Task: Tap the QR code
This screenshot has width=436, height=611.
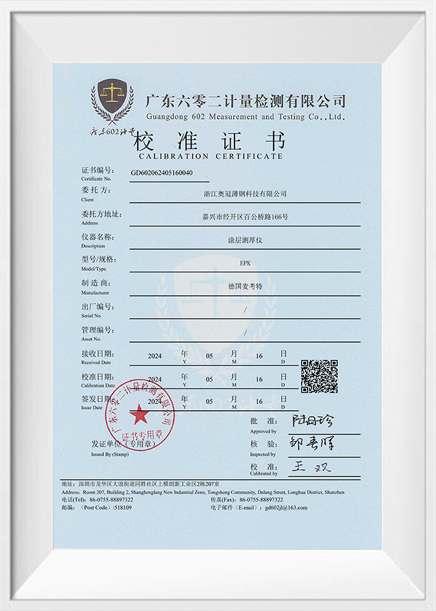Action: point(319,376)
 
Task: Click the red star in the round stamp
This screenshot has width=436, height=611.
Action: point(139,416)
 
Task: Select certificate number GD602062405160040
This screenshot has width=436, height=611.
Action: point(162,173)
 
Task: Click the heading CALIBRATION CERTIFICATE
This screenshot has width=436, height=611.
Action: point(210,156)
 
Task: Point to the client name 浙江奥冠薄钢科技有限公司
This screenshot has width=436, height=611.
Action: point(245,194)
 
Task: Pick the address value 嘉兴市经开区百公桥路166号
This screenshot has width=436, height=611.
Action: point(245,217)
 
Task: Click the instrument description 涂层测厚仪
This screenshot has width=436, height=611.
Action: point(245,240)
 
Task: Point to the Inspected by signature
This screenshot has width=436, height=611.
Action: point(313,443)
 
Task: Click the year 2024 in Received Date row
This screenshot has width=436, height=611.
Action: point(155,356)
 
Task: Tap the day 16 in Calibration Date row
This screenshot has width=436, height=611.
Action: point(259,380)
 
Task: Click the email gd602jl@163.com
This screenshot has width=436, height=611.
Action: point(286,508)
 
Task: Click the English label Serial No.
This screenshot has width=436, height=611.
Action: point(91,315)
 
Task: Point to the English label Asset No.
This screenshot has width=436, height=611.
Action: point(91,339)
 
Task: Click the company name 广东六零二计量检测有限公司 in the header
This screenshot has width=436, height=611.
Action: point(245,101)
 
